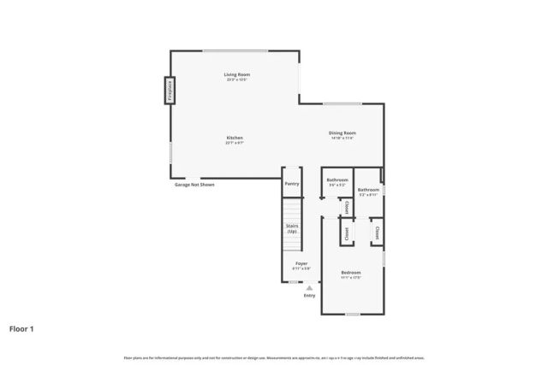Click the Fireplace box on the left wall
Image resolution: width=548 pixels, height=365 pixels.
[170, 91]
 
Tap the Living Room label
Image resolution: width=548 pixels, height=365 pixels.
[236, 76]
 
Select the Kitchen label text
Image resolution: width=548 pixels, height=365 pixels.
[235, 139]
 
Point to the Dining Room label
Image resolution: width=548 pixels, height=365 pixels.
[342, 134]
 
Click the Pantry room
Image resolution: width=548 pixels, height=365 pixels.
[292, 183]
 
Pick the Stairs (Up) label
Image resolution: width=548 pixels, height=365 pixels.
[292, 228]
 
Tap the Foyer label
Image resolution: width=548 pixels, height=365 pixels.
[301, 264]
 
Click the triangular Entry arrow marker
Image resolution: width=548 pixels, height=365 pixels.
[309, 287]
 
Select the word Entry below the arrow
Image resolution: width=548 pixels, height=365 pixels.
[309, 296]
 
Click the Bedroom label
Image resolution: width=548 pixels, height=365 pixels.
[351, 274]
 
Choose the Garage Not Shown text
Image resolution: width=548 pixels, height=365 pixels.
[194, 185]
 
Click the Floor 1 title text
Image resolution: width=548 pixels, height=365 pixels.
[22, 327]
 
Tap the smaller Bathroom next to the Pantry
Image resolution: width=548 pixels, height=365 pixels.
[337, 181]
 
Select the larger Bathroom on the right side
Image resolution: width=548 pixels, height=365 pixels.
[369, 191]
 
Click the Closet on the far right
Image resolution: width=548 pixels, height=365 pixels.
[376, 231]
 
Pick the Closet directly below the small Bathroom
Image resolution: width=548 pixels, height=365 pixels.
[346, 208]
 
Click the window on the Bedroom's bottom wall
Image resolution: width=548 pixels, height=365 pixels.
[352, 314]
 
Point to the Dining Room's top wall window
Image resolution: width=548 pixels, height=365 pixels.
[342, 104]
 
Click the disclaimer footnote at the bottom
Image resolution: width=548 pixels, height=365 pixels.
[274, 357]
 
